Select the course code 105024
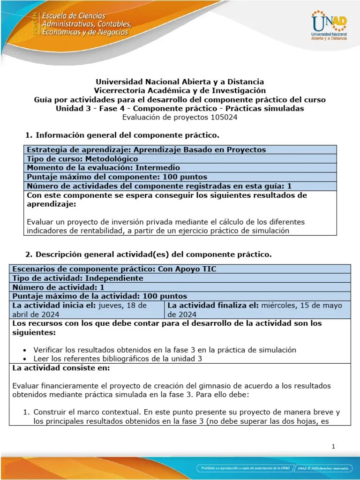[224, 118]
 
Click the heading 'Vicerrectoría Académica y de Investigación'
[180, 90]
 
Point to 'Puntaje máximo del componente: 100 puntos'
[117, 177]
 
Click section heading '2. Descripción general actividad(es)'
[148, 254]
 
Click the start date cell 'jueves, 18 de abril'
[87, 309]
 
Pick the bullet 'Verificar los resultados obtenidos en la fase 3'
[165, 350]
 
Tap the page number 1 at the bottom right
[333, 446]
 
